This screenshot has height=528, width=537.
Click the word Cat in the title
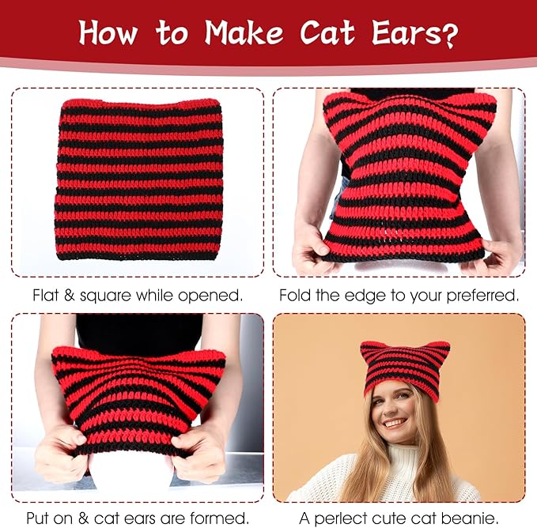pyautogui.click(x=327, y=32)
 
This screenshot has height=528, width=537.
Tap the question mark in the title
pyautogui.click(x=449, y=36)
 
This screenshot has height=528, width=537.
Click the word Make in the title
pyautogui.click(x=244, y=32)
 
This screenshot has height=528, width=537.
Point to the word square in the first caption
pyautogui.click(x=105, y=296)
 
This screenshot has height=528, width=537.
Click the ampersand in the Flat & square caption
pyautogui.click(x=69, y=295)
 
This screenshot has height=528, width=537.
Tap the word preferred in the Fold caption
pyautogui.click(x=482, y=296)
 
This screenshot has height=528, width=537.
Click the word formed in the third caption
pyautogui.click(x=219, y=518)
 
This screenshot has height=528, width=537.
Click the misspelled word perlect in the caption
pyautogui.click(x=343, y=519)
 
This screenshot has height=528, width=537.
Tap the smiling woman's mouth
pyautogui.click(x=394, y=424)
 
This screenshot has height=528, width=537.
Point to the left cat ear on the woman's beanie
pyautogui.click(x=369, y=349)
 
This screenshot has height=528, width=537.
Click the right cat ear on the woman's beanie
pyautogui.click(x=441, y=349)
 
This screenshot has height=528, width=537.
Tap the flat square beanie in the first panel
pyautogui.click(x=138, y=179)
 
